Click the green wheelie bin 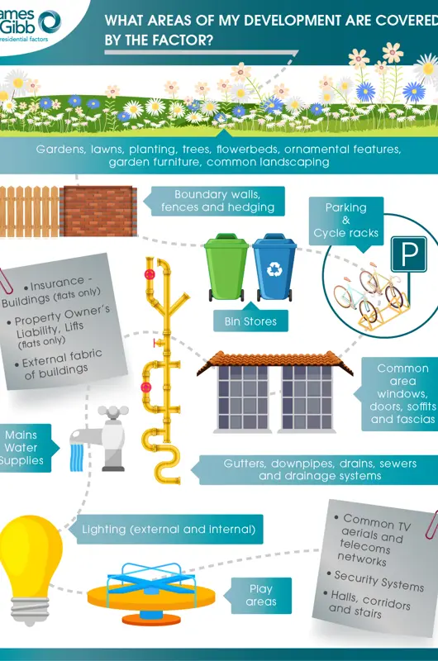pos(226,267)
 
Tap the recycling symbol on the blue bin pos(274,269)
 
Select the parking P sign pos(408,254)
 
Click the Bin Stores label pos(250,321)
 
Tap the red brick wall pos(98,212)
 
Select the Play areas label pos(261,595)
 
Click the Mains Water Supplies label pos(23,448)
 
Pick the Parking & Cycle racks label pos(346,221)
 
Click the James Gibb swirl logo pos(50,22)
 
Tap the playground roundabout pos(151,593)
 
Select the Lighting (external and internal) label pos(169,529)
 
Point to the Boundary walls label pos(217,201)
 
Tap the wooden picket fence pos(30,212)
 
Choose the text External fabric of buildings pos(62,364)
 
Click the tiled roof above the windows pos(275,363)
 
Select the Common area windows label pos(402,394)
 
